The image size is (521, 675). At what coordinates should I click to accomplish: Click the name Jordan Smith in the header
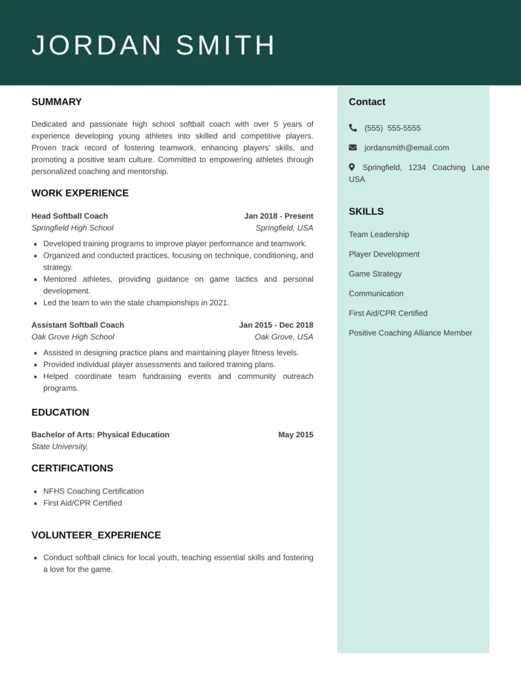153,45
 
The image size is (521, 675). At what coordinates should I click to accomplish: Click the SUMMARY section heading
57,102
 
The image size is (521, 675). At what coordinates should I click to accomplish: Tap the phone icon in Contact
353,128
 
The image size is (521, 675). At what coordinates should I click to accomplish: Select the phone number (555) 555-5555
392,128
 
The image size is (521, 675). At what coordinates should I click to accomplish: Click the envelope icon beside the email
353,148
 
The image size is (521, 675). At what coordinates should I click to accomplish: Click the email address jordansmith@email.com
406,148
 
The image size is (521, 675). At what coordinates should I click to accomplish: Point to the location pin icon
352,167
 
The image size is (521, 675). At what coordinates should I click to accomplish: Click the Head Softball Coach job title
70,216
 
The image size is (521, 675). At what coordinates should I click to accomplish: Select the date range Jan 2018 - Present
279,216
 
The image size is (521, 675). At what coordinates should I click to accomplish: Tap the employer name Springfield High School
72,228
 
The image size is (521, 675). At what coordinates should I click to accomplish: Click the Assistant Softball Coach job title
78,325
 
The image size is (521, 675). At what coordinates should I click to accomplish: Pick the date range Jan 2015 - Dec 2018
276,325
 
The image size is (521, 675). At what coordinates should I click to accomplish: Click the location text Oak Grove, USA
284,337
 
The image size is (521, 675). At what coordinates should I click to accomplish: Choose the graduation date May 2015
296,434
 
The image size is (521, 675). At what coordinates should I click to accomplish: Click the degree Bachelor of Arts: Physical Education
100,434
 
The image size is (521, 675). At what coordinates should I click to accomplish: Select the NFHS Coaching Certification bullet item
94,491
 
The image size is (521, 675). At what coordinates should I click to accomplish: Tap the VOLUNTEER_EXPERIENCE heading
96,535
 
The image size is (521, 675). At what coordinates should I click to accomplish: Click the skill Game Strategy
375,274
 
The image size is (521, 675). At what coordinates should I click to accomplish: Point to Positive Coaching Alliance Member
410,333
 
